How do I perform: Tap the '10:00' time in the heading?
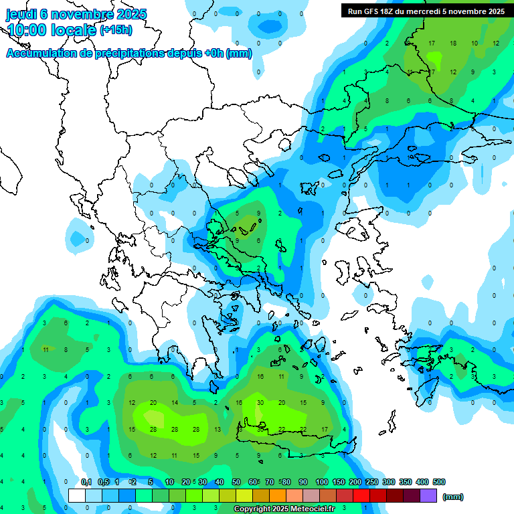pos(29,29)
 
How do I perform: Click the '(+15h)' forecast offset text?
pos(116,30)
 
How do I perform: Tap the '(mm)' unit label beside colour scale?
pos(453,497)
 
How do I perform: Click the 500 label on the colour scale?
pos(438,482)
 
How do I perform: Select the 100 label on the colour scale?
pos(321,482)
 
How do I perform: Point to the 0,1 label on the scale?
pos(86,482)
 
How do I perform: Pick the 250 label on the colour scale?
pos(371,482)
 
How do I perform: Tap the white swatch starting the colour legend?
pos(77,496)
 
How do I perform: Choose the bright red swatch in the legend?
pos(361,496)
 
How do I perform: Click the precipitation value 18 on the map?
pos(453,44)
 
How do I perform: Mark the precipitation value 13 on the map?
pos(217,429)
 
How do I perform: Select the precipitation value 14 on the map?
pos(175,403)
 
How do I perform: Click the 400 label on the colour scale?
pos(422,482)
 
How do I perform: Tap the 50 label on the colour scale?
pos(236,482)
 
